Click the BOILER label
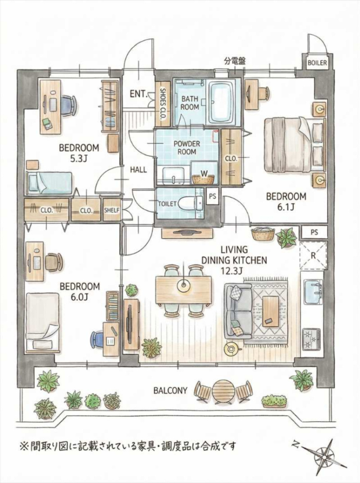(317, 63)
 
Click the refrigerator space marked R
(313, 256)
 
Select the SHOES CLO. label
(162, 103)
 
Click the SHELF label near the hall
(111, 211)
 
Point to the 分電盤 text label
(235, 61)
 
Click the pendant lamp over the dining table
(184, 285)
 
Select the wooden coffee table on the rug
(271, 311)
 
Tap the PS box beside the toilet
(212, 196)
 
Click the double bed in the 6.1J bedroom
(294, 144)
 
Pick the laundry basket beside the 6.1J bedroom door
(262, 235)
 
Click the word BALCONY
(171, 391)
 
